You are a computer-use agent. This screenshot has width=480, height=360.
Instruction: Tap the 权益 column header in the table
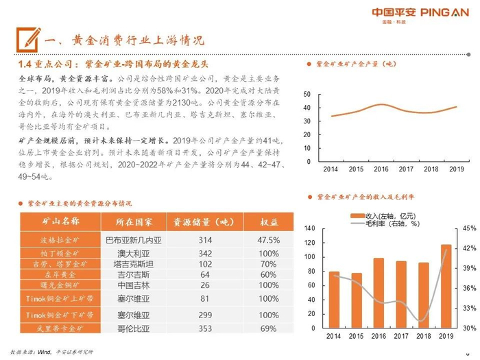click(x=269, y=222)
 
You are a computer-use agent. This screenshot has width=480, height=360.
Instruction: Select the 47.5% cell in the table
click(x=269, y=240)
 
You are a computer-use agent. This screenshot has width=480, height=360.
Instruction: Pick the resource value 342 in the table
click(x=205, y=253)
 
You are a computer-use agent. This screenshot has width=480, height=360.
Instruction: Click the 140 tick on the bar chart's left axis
click(x=309, y=228)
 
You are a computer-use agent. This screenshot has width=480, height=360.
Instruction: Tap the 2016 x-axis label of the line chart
click(x=381, y=169)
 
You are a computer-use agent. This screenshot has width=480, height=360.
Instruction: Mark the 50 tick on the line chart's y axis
click(x=306, y=95)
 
